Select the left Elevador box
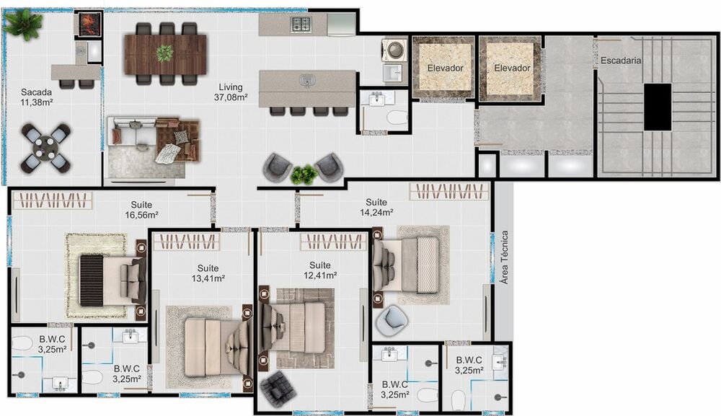[x=444, y=68]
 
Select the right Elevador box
[x=512, y=68]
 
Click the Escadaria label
[x=621, y=62]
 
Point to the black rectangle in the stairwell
[x=657, y=107]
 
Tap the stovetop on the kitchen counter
[x=301, y=25]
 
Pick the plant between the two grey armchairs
[x=304, y=173]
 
